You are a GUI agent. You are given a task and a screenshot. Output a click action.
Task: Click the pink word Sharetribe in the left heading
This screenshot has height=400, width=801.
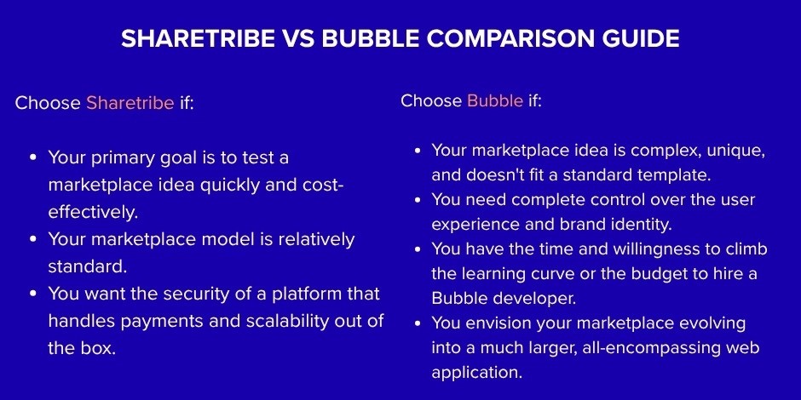coord(130,103)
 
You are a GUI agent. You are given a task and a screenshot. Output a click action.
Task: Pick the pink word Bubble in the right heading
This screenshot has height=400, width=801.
coord(495,100)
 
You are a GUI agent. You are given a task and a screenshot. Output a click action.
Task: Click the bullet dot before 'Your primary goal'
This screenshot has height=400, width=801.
coord(33,158)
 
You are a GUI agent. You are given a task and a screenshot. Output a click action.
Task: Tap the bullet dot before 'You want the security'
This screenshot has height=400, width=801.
coord(33,294)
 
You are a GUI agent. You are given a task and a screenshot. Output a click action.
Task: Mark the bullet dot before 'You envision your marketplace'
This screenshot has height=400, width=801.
coord(418,323)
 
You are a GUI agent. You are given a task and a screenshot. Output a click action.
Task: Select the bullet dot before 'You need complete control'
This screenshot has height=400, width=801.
coord(418,200)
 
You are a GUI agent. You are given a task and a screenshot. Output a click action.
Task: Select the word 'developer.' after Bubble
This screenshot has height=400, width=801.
coord(528,299)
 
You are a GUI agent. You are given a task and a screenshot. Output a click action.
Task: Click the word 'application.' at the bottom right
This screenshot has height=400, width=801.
coord(476,373)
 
